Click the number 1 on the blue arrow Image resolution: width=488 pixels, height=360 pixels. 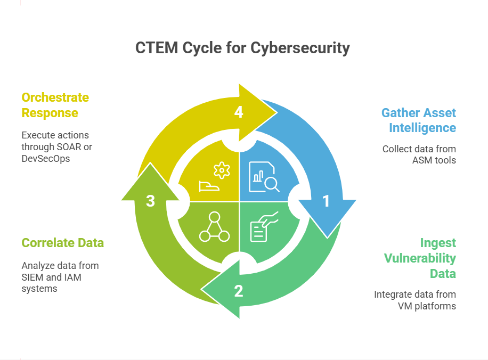326,201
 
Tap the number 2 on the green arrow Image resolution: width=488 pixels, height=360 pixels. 238,291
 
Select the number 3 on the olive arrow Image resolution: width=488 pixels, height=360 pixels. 150,201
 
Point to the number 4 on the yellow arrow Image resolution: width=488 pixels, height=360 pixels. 239,112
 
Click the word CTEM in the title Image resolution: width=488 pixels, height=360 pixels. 157,48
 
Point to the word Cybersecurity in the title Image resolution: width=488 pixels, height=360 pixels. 300,48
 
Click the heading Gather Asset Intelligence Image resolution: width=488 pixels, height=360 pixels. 419,120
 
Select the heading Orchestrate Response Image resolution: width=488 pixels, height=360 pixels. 55,105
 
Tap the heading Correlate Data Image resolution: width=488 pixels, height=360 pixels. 62,243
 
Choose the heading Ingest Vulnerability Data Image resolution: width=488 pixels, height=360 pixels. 420,258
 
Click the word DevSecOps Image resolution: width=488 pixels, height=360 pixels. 45,158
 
